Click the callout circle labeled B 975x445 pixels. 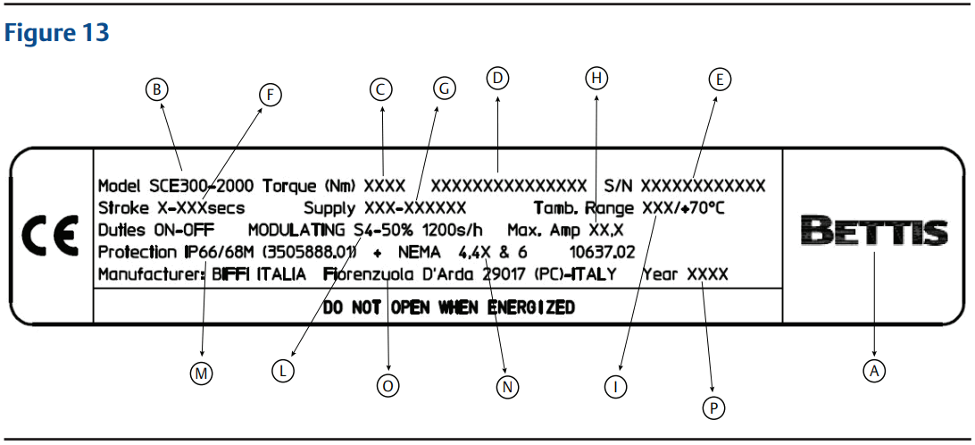156,88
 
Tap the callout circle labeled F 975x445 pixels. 269,94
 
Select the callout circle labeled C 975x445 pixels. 381,88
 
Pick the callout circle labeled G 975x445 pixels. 443,88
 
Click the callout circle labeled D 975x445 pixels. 498,79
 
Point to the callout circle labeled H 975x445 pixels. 596,79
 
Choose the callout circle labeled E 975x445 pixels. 720,79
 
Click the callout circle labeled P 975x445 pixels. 712,407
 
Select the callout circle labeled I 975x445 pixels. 615,386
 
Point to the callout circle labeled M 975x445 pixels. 203,374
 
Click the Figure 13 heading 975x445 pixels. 57,33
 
